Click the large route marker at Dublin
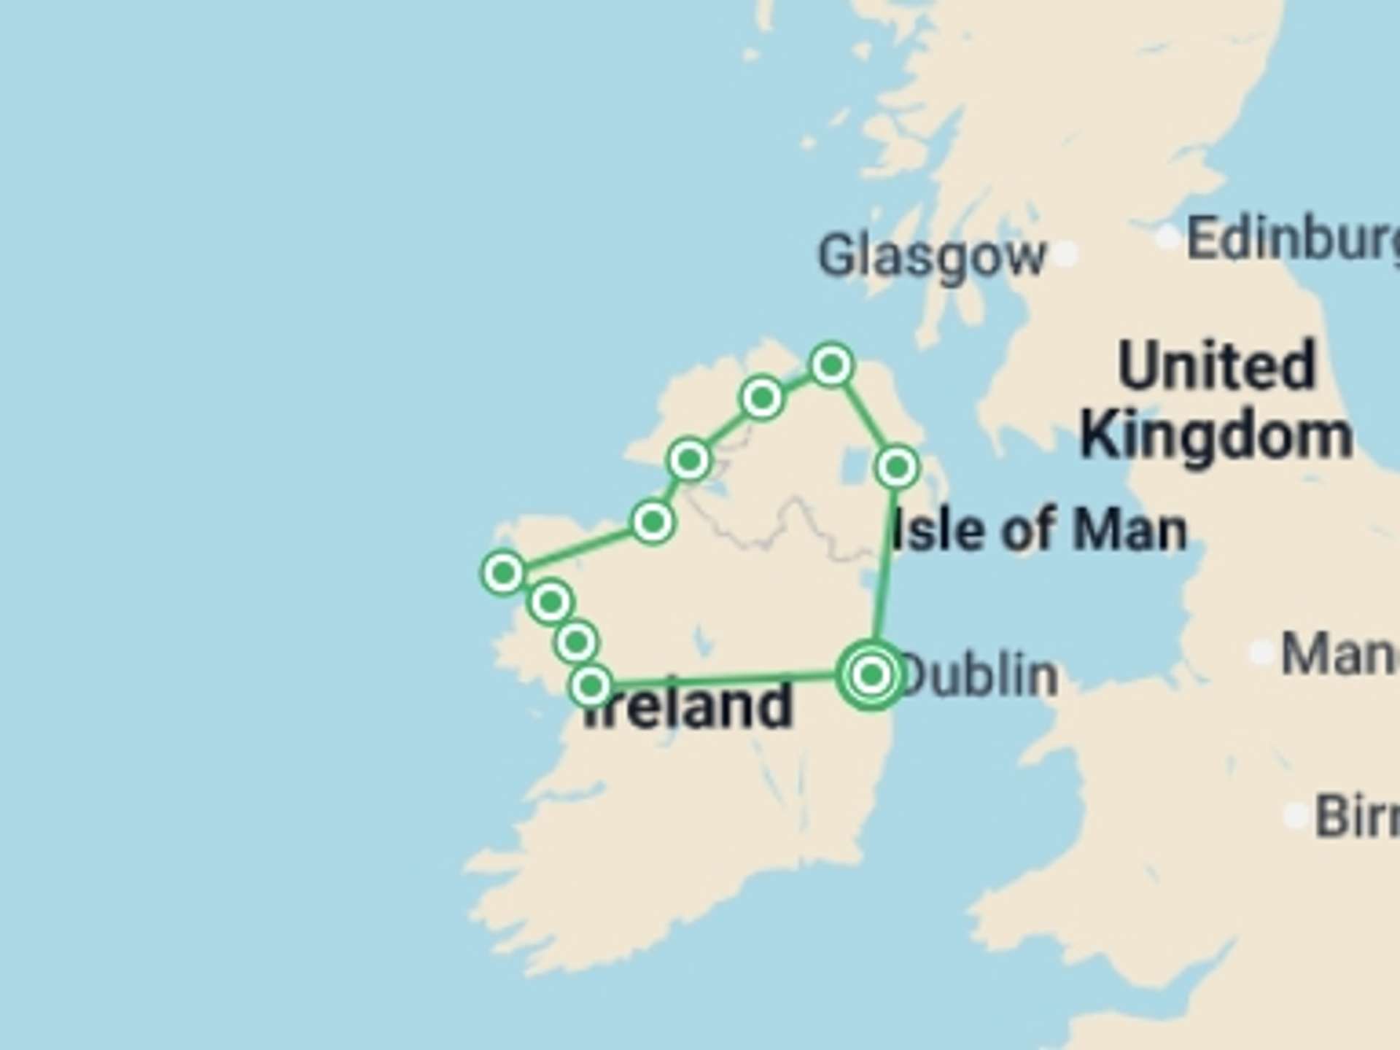tap(871, 674)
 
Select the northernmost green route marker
tap(832, 364)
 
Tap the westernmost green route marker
tap(504, 572)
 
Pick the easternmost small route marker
tap(898, 467)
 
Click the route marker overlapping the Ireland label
tap(591, 685)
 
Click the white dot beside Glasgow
tap(1066, 254)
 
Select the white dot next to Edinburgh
tap(1168, 237)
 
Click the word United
tap(1216, 366)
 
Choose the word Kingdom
tap(1216, 435)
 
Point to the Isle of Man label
tap(1040, 529)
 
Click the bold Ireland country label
tap(689, 706)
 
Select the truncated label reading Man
tap(1339, 653)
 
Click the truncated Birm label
tap(1356, 817)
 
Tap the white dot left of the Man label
tap(1261, 651)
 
